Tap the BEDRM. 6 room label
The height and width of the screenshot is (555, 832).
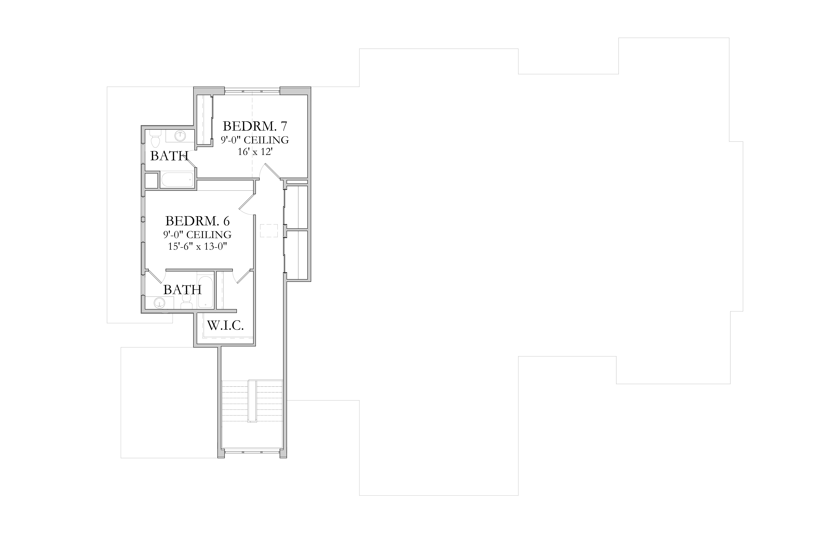pos(197,221)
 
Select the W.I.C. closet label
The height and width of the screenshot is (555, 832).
pos(225,325)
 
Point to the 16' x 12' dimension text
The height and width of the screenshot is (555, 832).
pos(255,152)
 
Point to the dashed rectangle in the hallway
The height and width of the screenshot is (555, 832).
pos(269,230)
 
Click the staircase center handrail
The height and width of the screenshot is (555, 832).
pos(252,401)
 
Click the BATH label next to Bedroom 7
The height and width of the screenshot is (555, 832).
pos(169,156)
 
